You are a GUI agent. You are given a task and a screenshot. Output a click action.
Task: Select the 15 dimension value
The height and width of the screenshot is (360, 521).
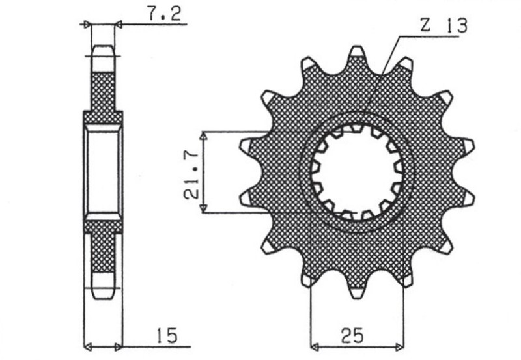pos(166,337)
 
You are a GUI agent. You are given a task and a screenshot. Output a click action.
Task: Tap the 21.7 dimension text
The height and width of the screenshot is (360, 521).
pos(191,173)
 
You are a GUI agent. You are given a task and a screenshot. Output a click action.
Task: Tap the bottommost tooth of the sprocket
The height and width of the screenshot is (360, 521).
pos(356,291)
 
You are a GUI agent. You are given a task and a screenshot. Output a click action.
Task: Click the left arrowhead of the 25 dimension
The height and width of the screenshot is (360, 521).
pos(315,344)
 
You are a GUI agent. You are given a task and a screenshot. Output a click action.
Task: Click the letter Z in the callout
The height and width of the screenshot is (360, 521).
pos(425,25)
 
